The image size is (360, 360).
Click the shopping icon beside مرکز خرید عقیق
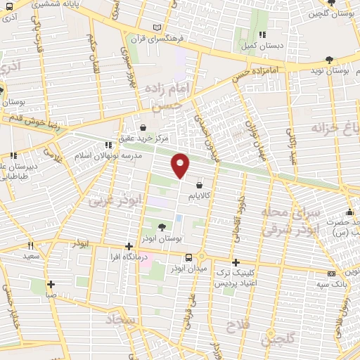click(x=144, y=128)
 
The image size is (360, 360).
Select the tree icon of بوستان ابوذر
click(x=162, y=226)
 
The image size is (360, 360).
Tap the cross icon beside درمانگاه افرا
click(x=129, y=246)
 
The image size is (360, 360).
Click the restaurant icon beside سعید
click(x=30, y=245)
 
